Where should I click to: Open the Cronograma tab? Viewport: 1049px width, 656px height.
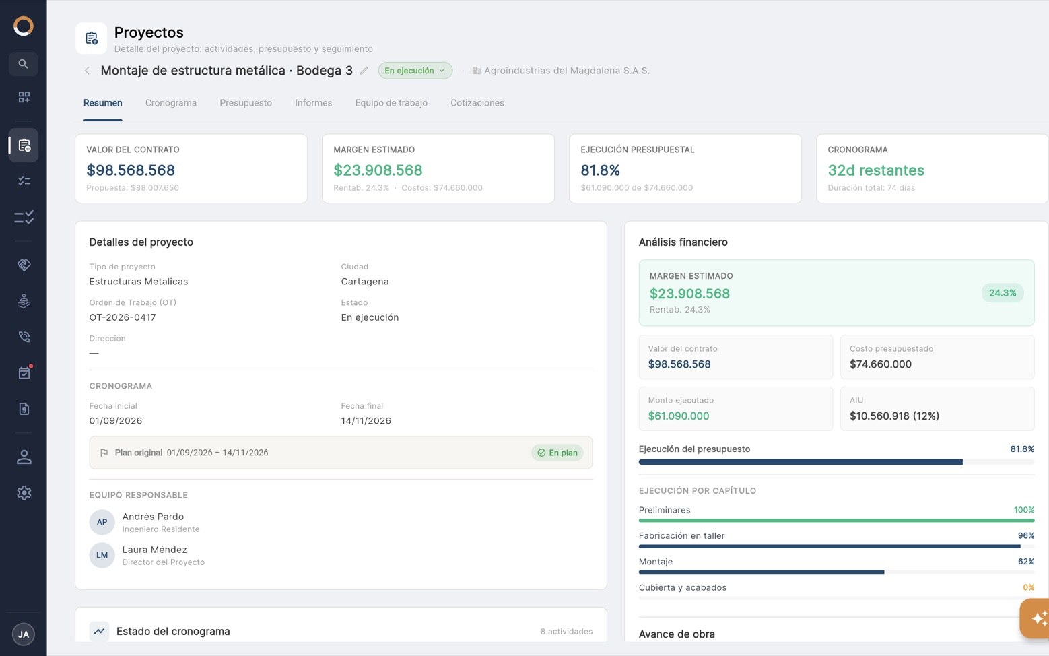(170, 102)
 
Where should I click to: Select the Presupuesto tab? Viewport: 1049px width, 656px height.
(245, 102)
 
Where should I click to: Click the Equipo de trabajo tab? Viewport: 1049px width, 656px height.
(391, 102)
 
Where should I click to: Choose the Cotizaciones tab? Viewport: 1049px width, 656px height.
(477, 102)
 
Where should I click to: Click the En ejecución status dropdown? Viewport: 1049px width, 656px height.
(415, 71)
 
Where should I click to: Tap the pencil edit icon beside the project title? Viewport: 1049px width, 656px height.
(364, 71)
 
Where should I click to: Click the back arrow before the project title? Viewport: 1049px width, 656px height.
(87, 71)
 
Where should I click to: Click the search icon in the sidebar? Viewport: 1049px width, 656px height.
(23, 64)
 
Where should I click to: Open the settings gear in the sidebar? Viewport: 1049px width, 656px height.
(24, 493)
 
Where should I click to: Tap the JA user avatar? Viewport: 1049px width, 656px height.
(24, 634)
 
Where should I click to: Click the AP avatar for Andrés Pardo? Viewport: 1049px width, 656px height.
(102, 522)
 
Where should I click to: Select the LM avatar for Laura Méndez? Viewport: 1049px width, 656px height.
(102, 555)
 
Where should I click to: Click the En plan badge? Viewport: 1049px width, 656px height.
(557, 453)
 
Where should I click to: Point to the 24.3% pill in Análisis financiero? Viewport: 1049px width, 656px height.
(1002, 293)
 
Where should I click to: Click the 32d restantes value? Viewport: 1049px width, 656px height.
(876, 170)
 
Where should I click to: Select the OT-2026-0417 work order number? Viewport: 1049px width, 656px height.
(123, 317)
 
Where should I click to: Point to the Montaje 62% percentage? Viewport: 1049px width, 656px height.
(1025, 561)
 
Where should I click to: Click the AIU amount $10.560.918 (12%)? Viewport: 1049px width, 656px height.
(894, 416)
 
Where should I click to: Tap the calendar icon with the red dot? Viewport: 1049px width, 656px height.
(24, 372)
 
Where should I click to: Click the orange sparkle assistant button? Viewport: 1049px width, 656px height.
(1036, 618)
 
